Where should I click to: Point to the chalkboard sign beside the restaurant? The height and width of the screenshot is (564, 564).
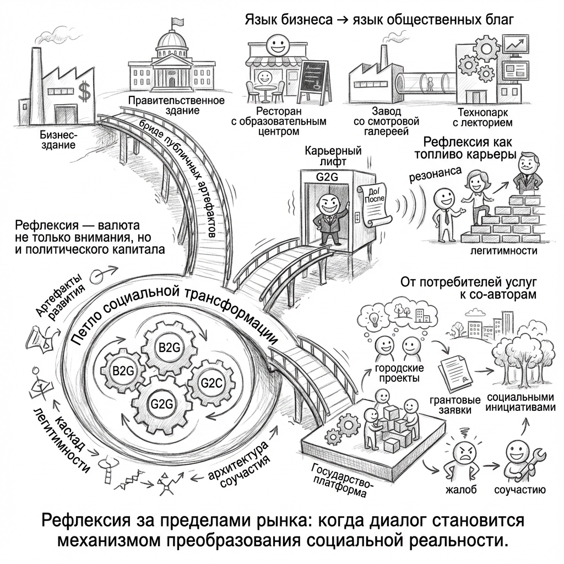(312, 79)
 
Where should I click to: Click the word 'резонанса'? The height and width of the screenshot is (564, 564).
(435, 175)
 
